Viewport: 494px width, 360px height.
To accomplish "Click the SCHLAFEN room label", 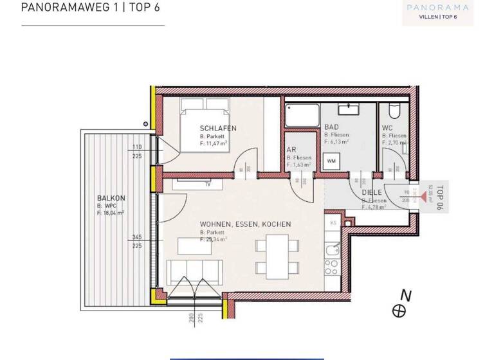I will click(x=218, y=129).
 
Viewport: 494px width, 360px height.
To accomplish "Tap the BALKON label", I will click(x=111, y=198).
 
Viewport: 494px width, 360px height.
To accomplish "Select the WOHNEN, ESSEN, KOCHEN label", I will click(x=245, y=224).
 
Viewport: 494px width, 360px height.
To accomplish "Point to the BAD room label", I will click(x=331, y=127).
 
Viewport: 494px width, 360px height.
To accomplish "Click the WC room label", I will click(x=387, y=128).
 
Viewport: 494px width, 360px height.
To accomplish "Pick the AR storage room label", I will click(x=291, y=150).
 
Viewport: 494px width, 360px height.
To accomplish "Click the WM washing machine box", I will click(x=331, y=160).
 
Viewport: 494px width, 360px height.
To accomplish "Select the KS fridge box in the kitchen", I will click(x=333, y=222).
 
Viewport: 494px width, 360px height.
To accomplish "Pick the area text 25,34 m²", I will click(x=216, y=239).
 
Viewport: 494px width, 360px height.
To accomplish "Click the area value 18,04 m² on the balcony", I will click(x=111, y=212).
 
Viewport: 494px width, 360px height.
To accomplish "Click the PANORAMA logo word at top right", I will click(x=437, y=8).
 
